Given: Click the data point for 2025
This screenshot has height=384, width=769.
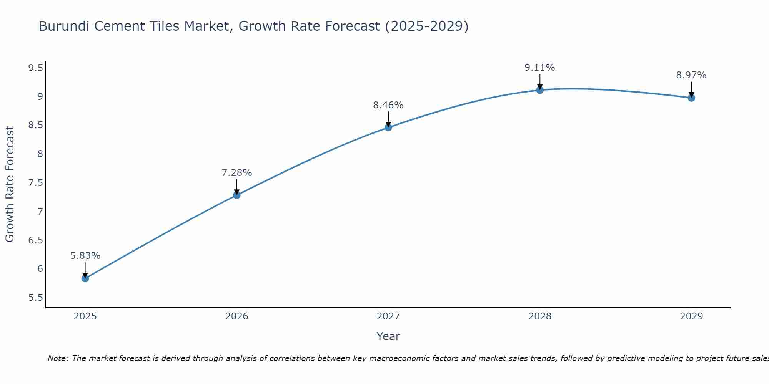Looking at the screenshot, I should click(x=85, y=278).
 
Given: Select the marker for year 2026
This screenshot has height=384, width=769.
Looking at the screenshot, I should click(x=237, y=195).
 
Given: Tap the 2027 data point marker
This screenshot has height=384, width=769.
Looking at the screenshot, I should click(x=388, y=127).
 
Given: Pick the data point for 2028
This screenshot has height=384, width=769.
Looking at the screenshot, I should click(x=540, y=90).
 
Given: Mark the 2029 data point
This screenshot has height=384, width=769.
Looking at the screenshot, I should click(x=691, y=98).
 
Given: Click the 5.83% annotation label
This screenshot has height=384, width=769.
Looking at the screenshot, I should click(x=85, y=256).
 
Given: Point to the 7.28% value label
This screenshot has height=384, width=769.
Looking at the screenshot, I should click(x=237, y=173).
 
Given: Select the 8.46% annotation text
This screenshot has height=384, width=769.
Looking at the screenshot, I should click(x=388, y=105).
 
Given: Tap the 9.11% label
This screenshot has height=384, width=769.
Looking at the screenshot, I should click(x=540, y=68).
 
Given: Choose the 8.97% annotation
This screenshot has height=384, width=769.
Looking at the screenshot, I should click(x=691, y=75).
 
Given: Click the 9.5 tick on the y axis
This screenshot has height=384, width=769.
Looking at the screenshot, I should click(x=35, y=68).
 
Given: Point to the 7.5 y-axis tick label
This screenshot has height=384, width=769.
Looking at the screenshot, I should click(x=35, y=183).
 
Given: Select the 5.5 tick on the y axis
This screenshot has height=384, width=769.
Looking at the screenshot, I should click(x=35, y=298).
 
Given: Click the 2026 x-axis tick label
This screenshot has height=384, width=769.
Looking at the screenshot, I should click(x=237, y=316).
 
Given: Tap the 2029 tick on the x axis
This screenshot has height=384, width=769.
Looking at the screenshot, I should click(x=691, y=316).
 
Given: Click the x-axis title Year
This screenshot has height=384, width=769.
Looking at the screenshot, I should click(x=388, y=336).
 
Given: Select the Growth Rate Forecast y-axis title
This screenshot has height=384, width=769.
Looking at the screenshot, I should click(x=10, y=184).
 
